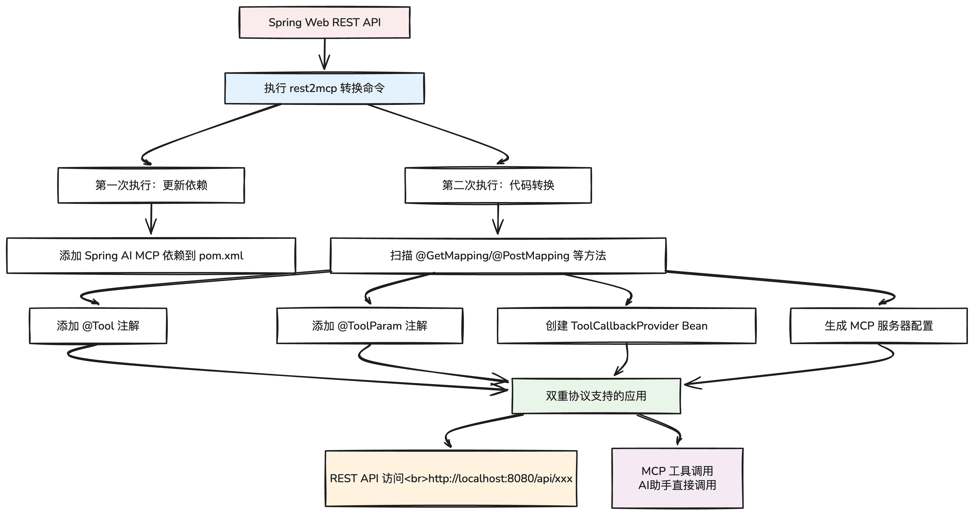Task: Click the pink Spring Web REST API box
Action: click(325, 22)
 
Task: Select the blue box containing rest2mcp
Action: click(325, 88)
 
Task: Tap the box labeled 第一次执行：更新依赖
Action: click(151, 185)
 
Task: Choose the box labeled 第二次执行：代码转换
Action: click(498, 185)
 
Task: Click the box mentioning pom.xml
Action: click(151, 255)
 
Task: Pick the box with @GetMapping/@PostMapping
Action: click(498, 255)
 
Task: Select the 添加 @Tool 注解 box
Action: click(98, 326)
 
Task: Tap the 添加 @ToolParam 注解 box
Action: click(369, 326)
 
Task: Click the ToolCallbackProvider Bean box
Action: click(627, 326)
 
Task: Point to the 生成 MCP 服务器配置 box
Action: click(879, 326)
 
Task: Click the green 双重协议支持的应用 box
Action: click(596, 396)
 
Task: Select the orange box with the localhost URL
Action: click(451, 478)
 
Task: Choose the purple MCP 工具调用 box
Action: click(677, 478)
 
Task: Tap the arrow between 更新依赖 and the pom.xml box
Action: click(151, 220)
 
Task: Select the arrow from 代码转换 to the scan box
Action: click(498, 220)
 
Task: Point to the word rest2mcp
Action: click(313, 88)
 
